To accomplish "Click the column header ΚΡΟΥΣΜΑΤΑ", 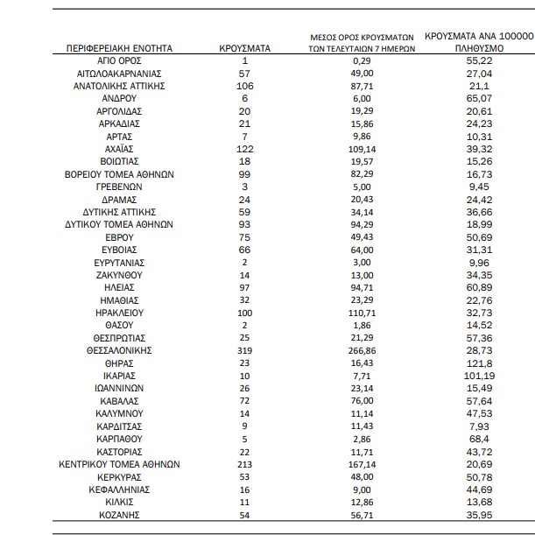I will tap(244, 48).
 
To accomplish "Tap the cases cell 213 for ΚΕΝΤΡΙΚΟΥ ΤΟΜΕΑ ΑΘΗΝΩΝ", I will tap(244, 464).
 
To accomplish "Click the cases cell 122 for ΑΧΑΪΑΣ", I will tap(244, 149).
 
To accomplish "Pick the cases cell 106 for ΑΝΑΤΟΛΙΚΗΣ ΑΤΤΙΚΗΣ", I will tap(244, 86).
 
